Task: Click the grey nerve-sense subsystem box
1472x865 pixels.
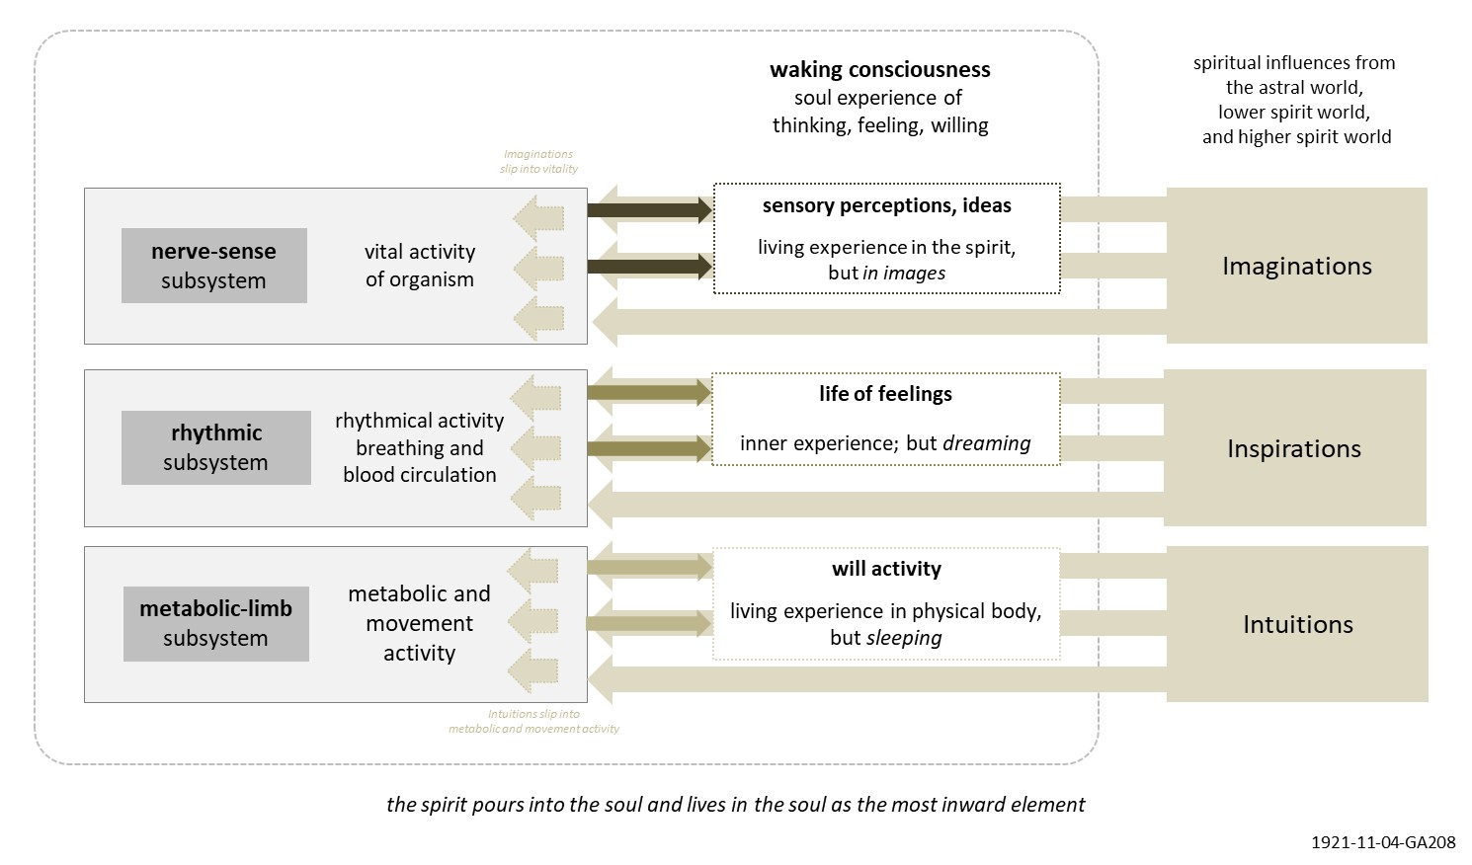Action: coord(213,266)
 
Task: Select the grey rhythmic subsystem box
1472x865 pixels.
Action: coord(215,447)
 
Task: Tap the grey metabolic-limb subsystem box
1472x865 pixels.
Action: coord(215,623)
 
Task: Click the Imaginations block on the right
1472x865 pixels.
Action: coord(1296,266)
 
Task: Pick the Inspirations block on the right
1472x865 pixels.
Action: coord(1294,448)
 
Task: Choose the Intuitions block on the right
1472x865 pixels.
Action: coord(1297,624)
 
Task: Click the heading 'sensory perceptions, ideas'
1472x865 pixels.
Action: coord(886,205)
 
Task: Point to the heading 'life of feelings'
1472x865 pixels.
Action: coord(885,394)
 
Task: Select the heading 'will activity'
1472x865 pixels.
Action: coord(886,569)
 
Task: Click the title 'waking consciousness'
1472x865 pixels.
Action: coord(879,69)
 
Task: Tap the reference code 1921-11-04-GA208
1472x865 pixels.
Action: coord(1383,842)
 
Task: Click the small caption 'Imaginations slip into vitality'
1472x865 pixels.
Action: coord(538,161)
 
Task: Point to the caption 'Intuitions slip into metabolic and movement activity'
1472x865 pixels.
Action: coord(533,721)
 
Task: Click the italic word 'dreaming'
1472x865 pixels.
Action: coord(986,443)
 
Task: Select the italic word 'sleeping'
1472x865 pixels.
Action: coord(903,638)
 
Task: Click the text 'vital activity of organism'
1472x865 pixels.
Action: coord(419,266)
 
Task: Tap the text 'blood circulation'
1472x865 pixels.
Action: coord(419,475)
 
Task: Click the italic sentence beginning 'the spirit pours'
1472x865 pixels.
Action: coord(735,804)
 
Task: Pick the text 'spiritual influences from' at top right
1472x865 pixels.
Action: coord(1294,63)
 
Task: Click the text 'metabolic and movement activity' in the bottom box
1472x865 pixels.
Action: coord(419,623)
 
